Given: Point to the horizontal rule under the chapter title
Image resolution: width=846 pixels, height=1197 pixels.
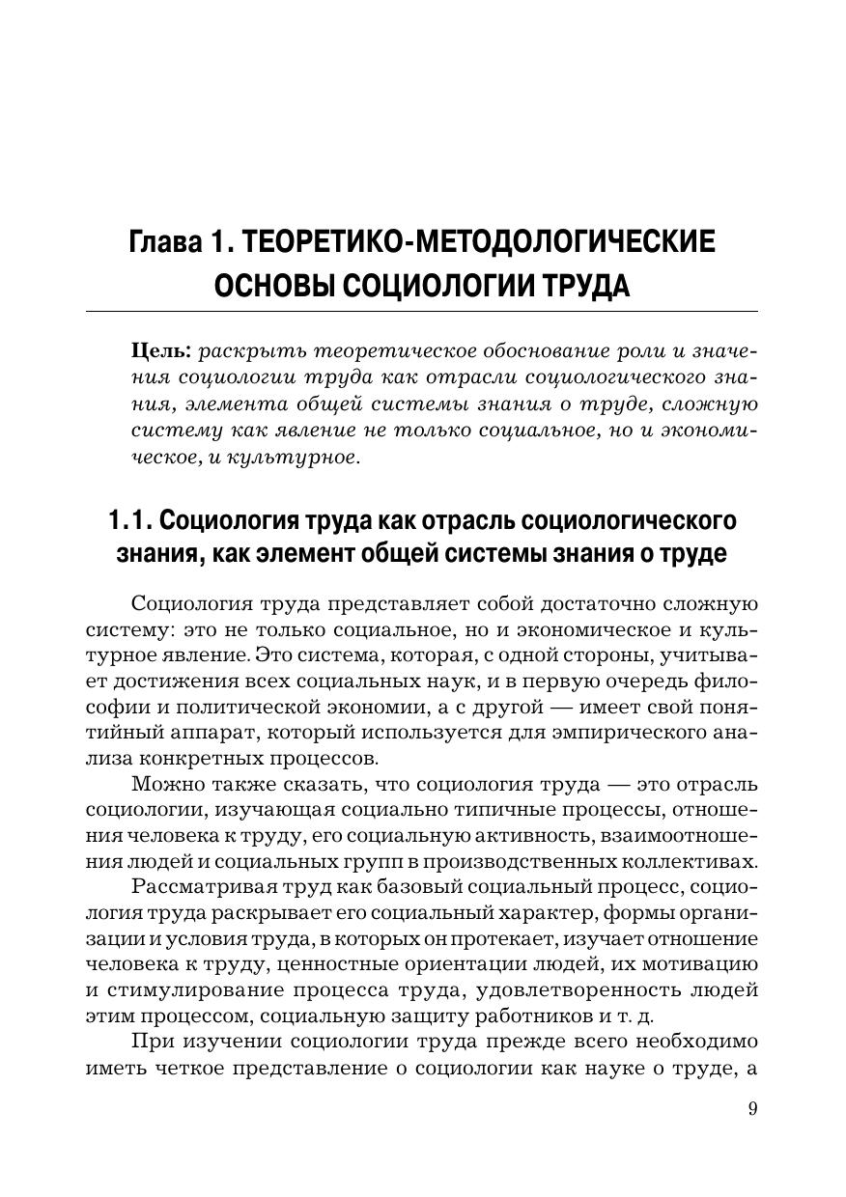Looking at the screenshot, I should (x=422, y=311).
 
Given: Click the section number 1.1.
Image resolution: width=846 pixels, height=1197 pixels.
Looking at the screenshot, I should (x=128, y=521).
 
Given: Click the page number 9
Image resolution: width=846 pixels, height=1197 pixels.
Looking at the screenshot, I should (x=752, y=1108).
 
